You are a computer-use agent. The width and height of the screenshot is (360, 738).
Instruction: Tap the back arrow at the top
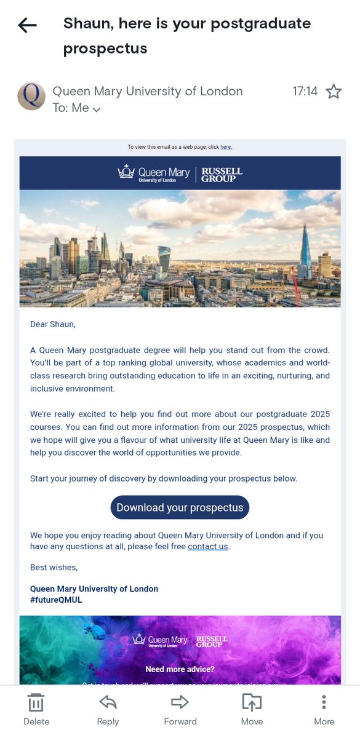click(27, 25)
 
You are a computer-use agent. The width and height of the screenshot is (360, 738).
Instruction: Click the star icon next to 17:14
click(334, 92)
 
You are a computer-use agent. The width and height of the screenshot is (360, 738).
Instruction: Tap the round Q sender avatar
click(31, 96)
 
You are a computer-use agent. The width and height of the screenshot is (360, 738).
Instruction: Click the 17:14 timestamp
click(305, 92)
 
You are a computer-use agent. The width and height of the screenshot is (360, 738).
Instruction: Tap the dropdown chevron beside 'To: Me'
click(97, 109)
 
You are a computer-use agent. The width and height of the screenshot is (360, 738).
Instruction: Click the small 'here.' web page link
click(226, 147)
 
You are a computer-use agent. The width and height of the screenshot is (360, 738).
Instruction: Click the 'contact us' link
click(208, 546)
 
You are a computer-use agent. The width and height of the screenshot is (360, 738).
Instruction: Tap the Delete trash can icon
click(36, 702)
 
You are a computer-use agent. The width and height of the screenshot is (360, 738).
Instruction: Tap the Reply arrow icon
click(108, 702)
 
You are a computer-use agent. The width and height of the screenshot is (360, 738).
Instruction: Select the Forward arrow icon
click(180, 702)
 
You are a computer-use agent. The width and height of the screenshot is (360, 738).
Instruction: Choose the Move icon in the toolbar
click(252, 702)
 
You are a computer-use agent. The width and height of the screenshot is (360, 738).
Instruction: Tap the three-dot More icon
click(324, 702)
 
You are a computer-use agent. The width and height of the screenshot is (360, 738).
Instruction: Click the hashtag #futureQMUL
click(56, 600)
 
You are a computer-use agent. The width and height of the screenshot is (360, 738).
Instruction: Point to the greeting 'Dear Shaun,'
click(53, 323)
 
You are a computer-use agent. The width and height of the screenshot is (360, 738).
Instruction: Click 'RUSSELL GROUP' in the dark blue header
click(222, 175)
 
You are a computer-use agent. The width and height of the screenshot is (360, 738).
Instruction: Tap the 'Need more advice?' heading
click(180, 669)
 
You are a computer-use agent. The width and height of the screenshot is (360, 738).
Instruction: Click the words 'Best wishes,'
click(54, 567)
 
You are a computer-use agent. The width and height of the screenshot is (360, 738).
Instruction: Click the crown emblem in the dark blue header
click(126, 172)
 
